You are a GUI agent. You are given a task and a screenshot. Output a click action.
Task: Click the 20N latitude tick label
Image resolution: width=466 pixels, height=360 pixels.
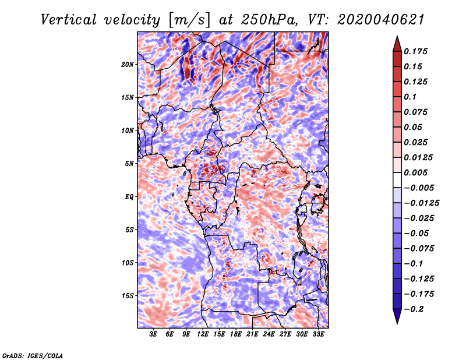pos(128,65)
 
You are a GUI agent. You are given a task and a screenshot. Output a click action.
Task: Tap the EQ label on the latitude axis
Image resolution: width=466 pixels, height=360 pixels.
pos(129,197)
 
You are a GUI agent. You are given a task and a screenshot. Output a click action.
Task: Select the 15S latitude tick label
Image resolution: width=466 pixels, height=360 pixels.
pos(128,296)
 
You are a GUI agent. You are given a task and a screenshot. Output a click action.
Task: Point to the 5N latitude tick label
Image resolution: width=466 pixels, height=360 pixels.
pos(129,164)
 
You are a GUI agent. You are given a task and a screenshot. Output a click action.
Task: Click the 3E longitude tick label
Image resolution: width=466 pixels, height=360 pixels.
pos(153,334)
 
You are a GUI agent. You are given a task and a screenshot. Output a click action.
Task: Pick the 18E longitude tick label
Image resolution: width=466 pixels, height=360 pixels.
pos(236,334)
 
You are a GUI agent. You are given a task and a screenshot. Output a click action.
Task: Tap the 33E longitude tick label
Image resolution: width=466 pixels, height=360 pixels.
pos(318,334)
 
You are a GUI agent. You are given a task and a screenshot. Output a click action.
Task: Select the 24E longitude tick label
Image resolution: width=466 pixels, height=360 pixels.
pos(269,334)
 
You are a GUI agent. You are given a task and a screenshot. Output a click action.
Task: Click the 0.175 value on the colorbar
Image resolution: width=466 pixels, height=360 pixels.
pos(415,51)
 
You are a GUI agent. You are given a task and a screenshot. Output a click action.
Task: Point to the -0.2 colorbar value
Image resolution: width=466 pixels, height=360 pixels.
pos(414,309)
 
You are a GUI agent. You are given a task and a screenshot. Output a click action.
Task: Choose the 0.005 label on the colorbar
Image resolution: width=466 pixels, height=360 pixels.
pos(415,172)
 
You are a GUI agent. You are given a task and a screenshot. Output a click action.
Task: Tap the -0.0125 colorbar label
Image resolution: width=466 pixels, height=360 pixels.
pos(421,203)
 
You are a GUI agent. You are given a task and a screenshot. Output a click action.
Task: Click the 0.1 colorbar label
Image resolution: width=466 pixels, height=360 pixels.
pos(410,97)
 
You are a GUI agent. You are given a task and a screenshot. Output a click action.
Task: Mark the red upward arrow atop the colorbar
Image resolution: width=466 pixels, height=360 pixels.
pos(397,44)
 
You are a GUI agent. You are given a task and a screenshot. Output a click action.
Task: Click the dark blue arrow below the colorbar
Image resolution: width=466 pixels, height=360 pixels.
pos(397,316)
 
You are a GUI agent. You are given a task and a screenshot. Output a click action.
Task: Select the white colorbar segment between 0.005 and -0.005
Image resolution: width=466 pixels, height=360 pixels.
pos(397,180)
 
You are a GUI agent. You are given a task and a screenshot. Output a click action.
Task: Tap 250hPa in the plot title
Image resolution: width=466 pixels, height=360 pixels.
pos(269,20)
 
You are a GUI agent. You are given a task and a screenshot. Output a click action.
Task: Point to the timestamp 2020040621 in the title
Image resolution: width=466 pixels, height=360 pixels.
pos(381,20)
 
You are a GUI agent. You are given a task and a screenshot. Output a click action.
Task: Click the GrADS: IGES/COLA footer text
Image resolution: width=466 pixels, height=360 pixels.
pos(33,356)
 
